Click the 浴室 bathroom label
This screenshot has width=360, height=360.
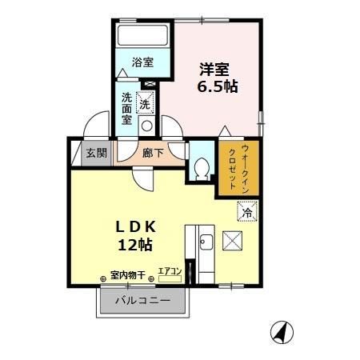coord(143,62)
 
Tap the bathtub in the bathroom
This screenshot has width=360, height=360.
coord(142,37)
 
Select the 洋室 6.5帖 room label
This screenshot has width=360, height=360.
coord(217,77)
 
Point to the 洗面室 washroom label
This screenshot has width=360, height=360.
coord(127,109)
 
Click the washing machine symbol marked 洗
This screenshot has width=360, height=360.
coord(146,103)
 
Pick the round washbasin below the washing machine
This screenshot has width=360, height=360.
coord(146,126)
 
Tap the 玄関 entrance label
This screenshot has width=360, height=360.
coord(96,153)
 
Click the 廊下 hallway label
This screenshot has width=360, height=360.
coord(152,152)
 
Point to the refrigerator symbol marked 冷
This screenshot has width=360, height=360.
coord(248,212)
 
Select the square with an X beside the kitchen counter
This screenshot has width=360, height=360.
coord(232,239)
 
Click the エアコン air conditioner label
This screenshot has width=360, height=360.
coord(170,272)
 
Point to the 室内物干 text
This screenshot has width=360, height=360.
coord(127,276)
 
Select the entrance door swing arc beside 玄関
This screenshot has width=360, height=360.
coord(95,127)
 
